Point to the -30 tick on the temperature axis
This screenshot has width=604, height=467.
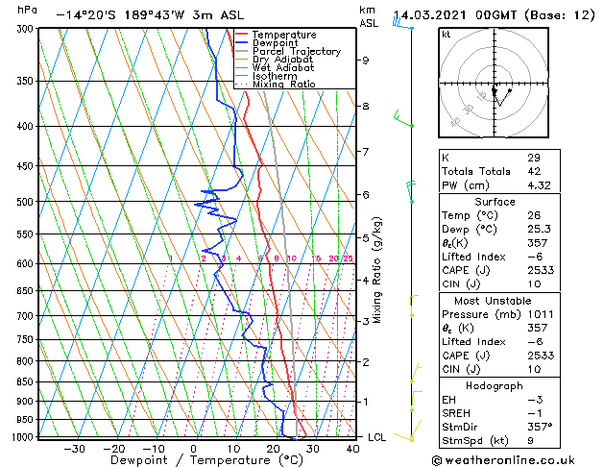(x=74, y=448)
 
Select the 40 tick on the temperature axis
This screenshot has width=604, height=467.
(x=352, y=448)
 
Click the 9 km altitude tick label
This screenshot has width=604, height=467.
(x=366, y=61)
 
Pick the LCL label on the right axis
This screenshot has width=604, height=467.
(x=378, y=437)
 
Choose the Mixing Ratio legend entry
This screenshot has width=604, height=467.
(x=282, y=85)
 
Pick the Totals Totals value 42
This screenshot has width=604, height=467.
(x=533, y=170)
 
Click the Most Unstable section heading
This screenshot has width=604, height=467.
(x=495, y=300)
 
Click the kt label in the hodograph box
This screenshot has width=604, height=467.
(x=447, y=34)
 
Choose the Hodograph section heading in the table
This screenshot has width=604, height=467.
(x=495, y=385)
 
